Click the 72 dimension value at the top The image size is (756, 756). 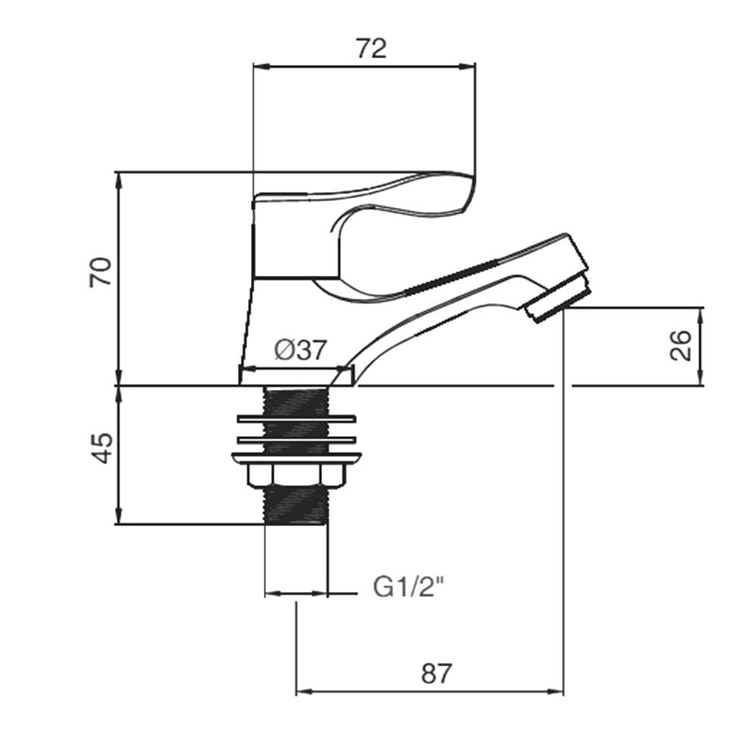coord(371,48)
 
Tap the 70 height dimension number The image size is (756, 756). coord(101,271)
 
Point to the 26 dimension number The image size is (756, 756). coord(681,345)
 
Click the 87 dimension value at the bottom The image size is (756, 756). coord(435,674)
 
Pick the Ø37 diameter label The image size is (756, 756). coord(300,350)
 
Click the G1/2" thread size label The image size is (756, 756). coord(407,587)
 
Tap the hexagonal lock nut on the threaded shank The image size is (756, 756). coord(296,475)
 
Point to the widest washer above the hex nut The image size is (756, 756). coord(296,456)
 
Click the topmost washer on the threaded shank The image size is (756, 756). coord(296,418)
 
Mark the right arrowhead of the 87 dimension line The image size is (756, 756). coord(559,691)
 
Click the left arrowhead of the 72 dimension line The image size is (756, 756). coord(256,66)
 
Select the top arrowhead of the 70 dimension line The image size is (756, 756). coord(118,177)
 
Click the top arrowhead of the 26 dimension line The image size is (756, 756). coord(702,311)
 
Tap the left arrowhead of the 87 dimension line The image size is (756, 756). coord(300,691)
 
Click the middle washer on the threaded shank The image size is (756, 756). coord(296,439)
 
